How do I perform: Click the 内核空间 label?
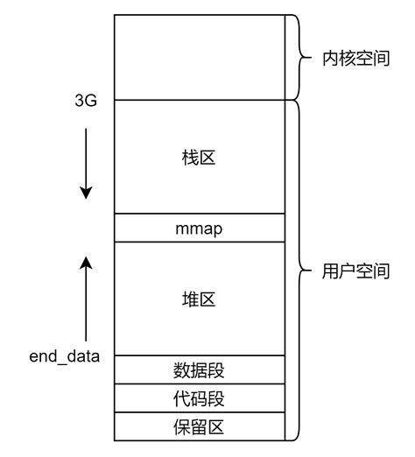click(355, 60)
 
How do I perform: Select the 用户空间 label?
click(355, 271)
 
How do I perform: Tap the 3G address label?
click(86, 102)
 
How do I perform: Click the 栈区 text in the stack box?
click(199, 158)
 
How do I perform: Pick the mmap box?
click(199, 228)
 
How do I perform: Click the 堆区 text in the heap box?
click(199, 299)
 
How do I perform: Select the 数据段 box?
click(199, 369)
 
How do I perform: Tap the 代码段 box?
click(199, 398)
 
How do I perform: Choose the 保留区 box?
click(199, 426)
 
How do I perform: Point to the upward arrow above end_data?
click(86, 298)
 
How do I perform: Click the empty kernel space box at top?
click(199, 57)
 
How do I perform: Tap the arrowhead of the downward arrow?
click(86, 193)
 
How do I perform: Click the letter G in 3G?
click(91, 102)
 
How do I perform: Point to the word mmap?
click(199, 228)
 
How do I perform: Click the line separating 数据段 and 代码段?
click(199, 383)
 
